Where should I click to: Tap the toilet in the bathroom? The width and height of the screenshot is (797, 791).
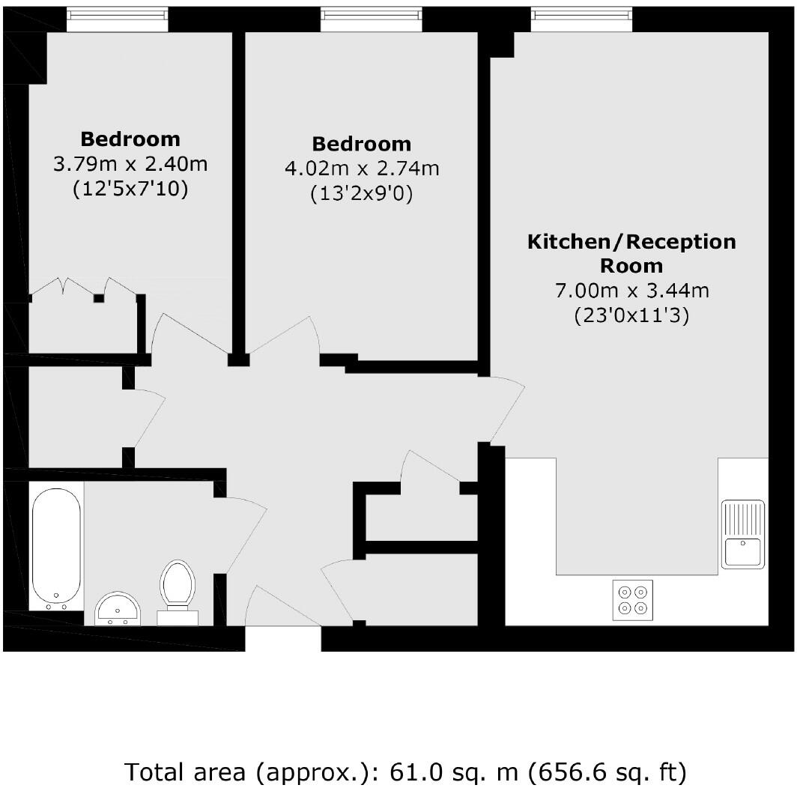click(178, 585)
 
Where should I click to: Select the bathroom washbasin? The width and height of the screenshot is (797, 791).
click(118, 607)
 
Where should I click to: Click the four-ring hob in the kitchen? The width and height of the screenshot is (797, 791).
click(631, 600)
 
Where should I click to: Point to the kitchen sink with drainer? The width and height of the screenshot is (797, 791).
click(742, 533)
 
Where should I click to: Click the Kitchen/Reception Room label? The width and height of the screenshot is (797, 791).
click(631, 254)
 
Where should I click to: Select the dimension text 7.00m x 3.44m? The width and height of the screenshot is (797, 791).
click(631, 291)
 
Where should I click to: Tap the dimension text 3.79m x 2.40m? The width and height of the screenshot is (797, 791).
click(130, 164)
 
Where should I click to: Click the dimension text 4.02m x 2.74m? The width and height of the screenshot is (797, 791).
click(362, 169)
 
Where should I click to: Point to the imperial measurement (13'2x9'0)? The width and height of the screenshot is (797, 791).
click(362, 194)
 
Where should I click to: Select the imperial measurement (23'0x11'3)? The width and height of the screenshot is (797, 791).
click(631, 316)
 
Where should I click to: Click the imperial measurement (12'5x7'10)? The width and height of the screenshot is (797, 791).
click(130, 190)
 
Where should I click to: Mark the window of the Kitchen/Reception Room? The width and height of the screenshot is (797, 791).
click(581, 20)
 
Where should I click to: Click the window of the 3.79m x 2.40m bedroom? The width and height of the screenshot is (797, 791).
click(117, 20)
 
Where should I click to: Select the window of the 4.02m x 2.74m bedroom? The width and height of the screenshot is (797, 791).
click(371, 20)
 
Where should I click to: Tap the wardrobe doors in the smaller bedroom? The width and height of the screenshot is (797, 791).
click(82, 288)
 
